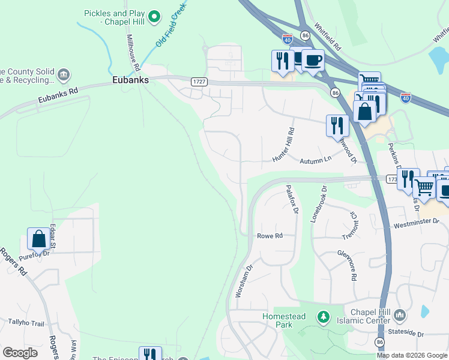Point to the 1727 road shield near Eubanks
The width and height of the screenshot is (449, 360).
point(199,81)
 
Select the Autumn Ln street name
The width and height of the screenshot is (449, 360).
point(315,160)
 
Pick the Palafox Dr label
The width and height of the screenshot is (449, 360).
point(291,199)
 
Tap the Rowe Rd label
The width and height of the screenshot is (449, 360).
point(270,236)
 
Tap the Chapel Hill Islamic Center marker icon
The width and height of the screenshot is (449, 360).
point(401,315)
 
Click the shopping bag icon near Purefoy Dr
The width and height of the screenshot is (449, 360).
point(38,238)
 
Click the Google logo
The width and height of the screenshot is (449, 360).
point(20,352)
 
